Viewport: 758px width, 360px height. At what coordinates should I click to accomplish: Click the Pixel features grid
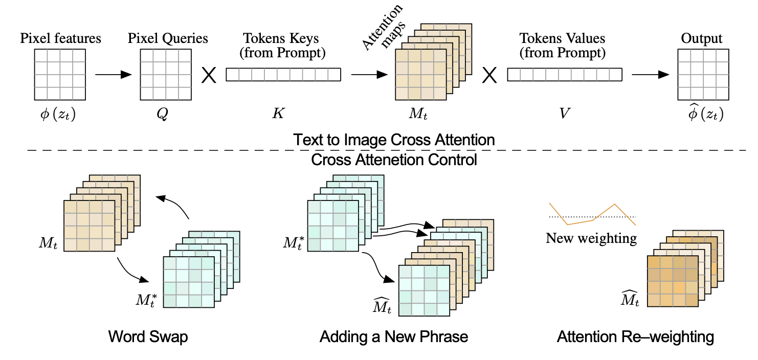[x=60, y=74]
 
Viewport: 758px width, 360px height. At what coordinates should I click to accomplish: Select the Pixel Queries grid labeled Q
[x=166, y=74]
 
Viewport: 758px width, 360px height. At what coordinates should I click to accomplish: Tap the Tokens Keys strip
[x=283, y=75]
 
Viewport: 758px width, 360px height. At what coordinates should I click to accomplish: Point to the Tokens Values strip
[x=565, y=75]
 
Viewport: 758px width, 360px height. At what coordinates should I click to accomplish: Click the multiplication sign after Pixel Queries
[x=209, y=75]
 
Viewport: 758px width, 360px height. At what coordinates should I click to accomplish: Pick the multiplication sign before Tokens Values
[x=490, y=75]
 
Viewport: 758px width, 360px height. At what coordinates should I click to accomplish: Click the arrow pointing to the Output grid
[x=650, y=75]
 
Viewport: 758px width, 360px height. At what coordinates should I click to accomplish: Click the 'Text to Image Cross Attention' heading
[x=394, y=140]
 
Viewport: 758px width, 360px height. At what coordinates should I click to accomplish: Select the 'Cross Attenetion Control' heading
[x=394, y=160]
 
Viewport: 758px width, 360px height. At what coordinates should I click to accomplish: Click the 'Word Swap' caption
[x=148, y=337]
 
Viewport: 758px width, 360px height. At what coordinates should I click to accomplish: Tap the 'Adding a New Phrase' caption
[x=394, y=337]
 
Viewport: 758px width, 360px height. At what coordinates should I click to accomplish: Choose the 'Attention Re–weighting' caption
[x=635, y=337]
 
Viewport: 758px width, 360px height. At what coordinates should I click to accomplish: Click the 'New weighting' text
[x=591, y=238]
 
